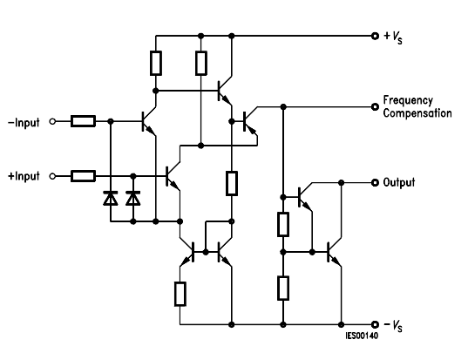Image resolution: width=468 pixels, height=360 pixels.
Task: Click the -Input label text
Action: pos(24,122)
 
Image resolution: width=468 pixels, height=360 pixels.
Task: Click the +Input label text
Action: pos(24,176)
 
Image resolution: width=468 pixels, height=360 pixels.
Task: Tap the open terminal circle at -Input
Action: pos(52,121)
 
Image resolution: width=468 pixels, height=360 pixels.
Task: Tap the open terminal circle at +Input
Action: pos(52,176)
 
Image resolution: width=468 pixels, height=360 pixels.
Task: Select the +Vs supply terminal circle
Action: pos(375,36)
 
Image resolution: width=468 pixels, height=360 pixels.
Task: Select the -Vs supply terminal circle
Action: pos(375,324)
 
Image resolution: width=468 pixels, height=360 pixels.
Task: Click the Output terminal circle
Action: pos(375,183)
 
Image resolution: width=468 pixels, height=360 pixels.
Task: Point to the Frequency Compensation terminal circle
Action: pos(375,107)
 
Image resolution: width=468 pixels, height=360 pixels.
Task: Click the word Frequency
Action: pos(408,100)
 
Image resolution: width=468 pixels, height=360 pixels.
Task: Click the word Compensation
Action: pos(417,113)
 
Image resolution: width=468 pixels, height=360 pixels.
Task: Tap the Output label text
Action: pos(399,182)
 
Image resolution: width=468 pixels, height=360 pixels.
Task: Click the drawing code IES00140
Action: pos(362,336)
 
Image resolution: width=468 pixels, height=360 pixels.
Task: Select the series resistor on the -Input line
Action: pos(83,121)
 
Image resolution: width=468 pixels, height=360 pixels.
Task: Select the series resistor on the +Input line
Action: pos(83,176)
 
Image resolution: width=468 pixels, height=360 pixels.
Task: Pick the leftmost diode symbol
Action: pos(111,198)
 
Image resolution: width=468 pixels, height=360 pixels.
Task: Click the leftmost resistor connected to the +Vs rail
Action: pos(156,63)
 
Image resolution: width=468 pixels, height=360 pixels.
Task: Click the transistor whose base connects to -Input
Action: pos(149,121)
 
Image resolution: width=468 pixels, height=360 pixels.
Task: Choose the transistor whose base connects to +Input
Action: pos(173,176)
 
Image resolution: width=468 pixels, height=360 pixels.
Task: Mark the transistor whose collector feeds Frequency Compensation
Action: pos(250,121)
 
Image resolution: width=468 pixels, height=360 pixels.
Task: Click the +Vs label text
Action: pos(393,37)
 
